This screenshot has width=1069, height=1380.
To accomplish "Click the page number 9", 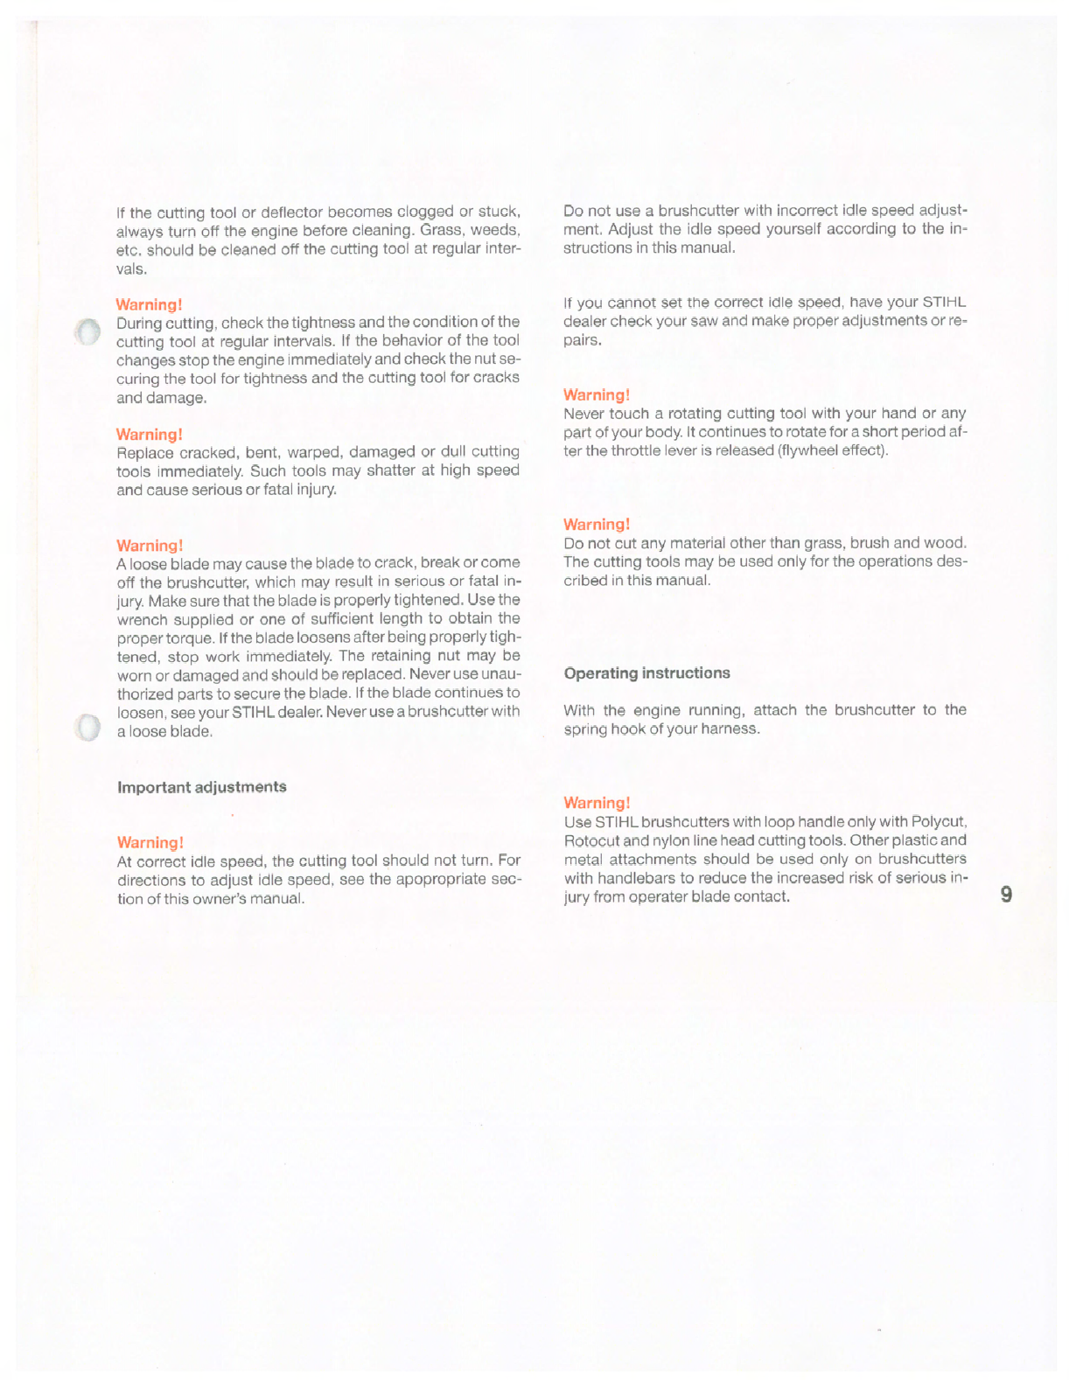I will (x=1006, y=895).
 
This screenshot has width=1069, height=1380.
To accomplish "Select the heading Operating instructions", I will (x=646, y=673).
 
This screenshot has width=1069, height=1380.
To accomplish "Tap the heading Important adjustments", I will (x=202, y=786).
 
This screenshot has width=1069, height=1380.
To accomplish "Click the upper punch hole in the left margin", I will (x=87, y=332).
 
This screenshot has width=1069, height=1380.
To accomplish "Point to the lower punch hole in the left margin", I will (x=87, y=728).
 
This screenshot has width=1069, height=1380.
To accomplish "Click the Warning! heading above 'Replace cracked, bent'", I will (x=150, y=434).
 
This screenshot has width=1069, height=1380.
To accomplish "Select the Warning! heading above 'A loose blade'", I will (x=150, y=546).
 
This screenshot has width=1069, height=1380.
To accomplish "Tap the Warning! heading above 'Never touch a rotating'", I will (x=597, y=394).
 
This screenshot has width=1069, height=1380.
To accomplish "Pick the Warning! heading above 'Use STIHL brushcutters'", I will (x=597, y=802).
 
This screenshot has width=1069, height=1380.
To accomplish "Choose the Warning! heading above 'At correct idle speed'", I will (x=150, y=842).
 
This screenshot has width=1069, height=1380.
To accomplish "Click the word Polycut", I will (x=939, y=822).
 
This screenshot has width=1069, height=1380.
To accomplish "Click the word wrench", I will (x=143, y=618).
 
